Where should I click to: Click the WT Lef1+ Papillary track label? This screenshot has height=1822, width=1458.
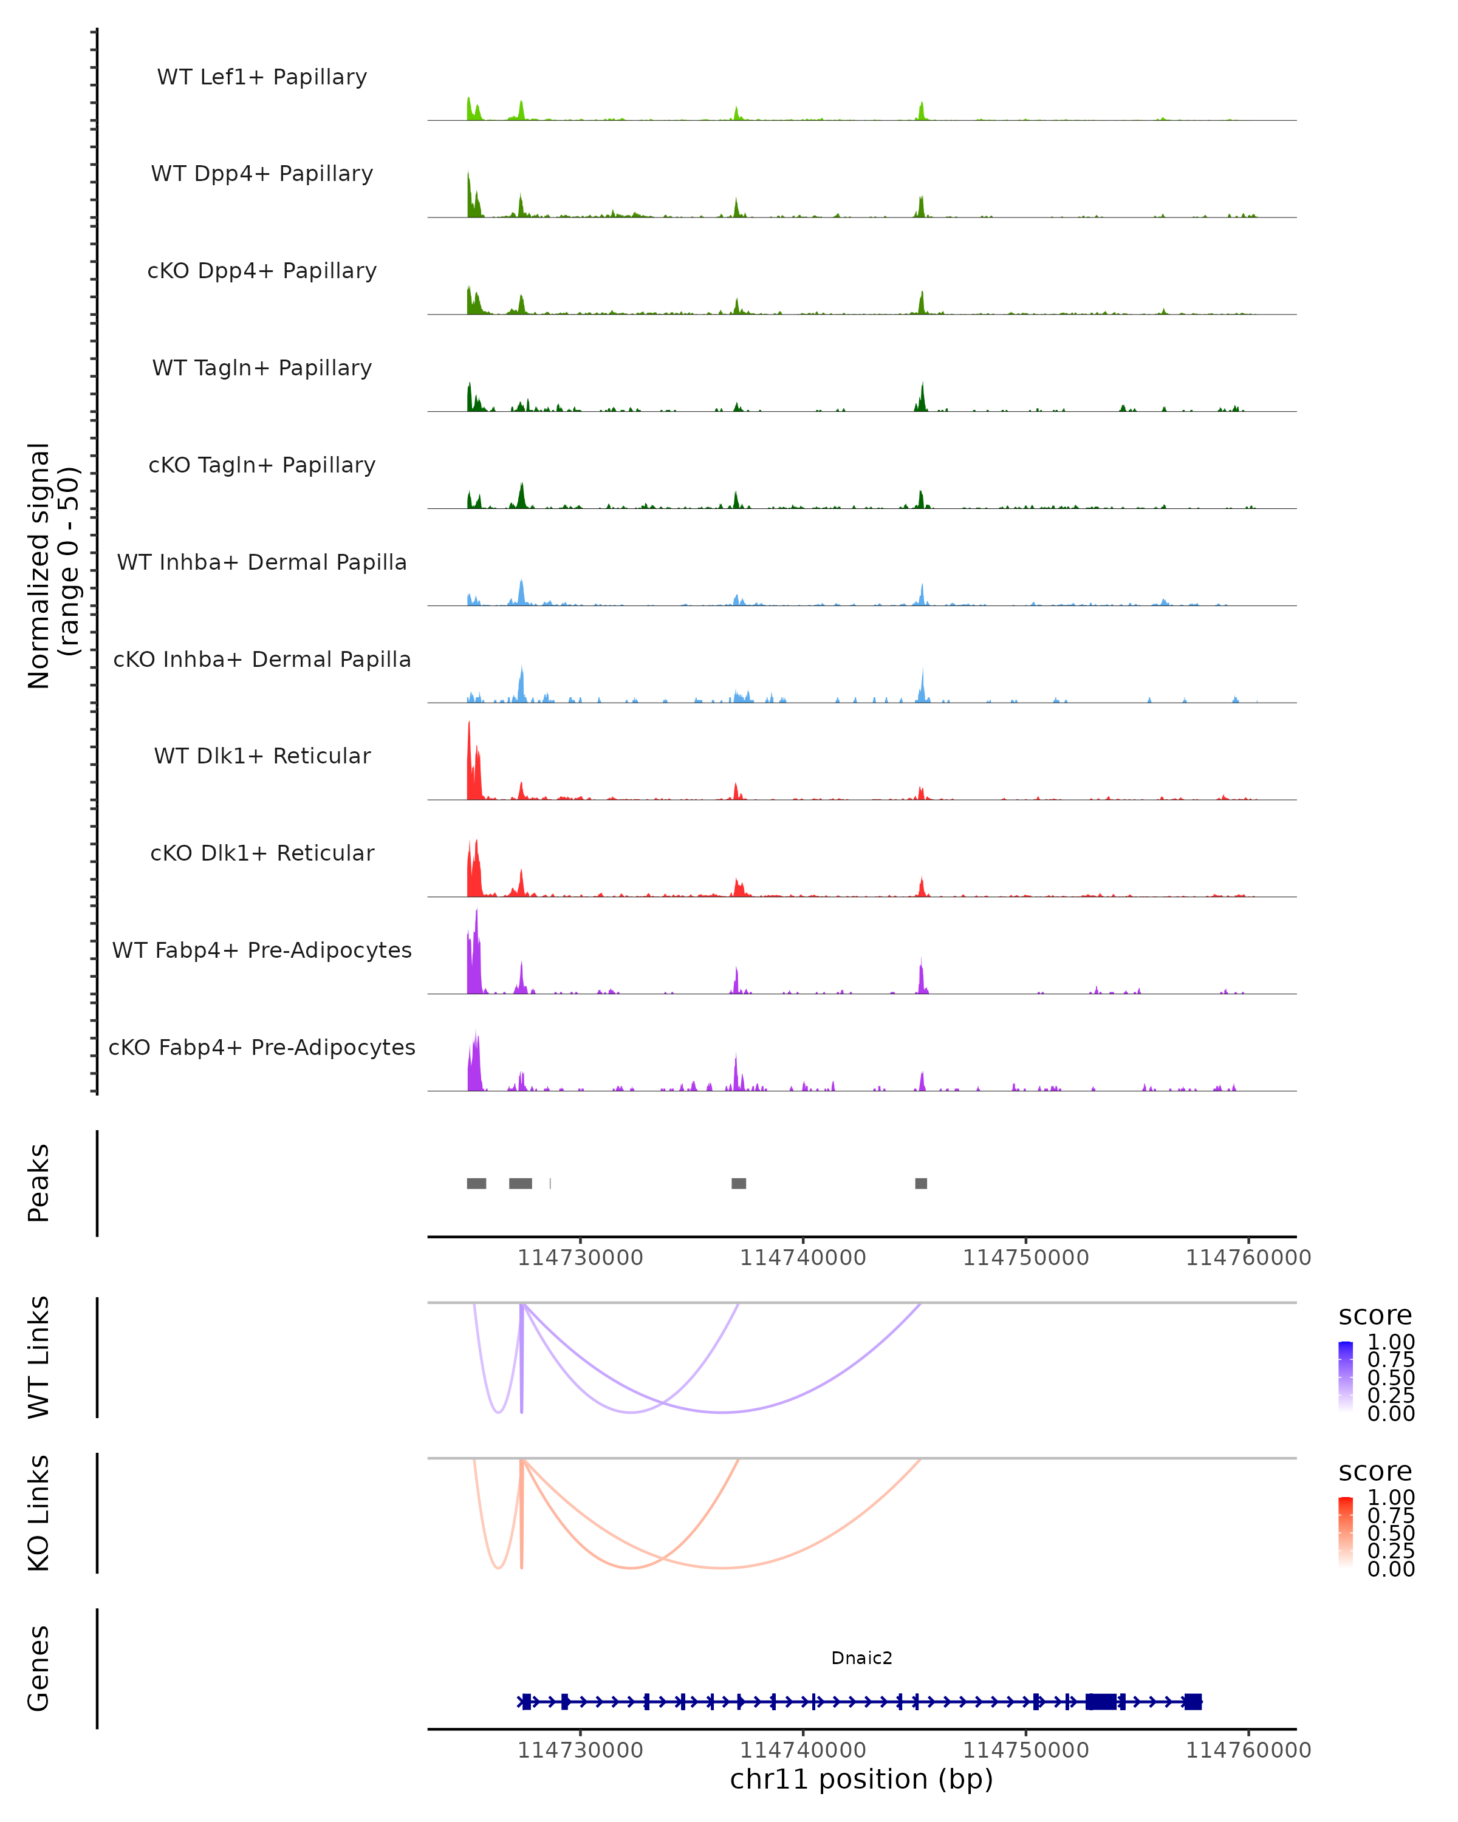(262, 77)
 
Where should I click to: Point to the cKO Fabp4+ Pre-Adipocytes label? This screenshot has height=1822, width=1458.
(262, 1047)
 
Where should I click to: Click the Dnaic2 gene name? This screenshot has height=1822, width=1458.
(861, 1658)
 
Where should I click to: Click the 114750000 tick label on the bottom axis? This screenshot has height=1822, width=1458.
(1025, 1750)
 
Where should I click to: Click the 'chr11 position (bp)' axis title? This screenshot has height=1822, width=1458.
(861, 1779)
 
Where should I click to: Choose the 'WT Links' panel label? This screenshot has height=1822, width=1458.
(39, 1357)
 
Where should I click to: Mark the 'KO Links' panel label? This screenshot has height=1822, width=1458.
(39, 1513)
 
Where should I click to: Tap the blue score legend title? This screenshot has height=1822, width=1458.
(1375, 1316)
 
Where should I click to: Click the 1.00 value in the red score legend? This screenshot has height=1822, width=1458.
(1391, 1498)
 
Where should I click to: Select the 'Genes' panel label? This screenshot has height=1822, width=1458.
(39, 1668)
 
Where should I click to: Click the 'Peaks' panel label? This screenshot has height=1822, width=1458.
(39, 1183)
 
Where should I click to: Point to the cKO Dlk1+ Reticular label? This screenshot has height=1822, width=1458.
(262, 853)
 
